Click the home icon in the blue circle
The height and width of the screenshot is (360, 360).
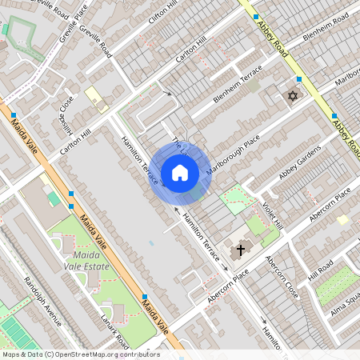click(180, 172)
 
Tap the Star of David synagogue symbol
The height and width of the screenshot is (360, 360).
click(291, 97)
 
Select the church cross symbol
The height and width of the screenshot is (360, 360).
click(239, 250)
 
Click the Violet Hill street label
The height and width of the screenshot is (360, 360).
click(274, 214)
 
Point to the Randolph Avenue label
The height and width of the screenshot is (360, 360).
click(42, 302)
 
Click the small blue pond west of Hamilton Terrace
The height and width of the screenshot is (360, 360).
click(150, 242)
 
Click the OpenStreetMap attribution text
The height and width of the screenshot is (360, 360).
click(80, 354)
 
